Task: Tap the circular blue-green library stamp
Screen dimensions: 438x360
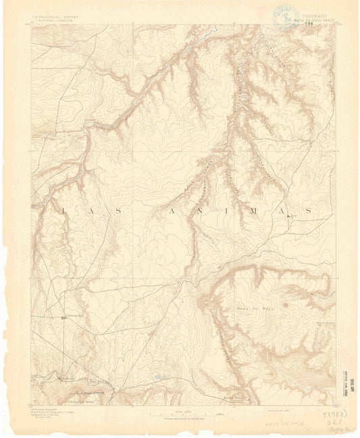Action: click(278, 13)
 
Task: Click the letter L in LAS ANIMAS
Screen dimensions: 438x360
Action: click(64, 212)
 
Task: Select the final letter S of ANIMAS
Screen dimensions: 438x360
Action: click(309, 212)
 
